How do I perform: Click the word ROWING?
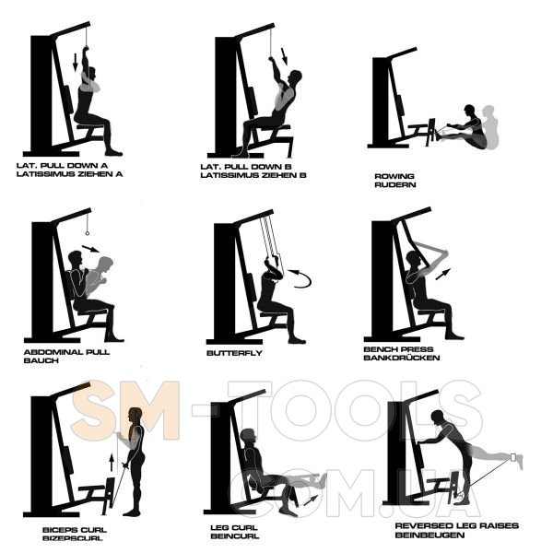394,176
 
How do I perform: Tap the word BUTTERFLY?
234,353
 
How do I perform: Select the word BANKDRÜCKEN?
402,358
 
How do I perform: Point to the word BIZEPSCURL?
73,538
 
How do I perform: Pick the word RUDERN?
395,184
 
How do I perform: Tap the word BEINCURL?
235,536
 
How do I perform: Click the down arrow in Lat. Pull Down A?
76,63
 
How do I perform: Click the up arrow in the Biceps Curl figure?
112,463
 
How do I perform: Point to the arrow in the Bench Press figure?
443,274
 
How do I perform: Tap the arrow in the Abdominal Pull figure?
90,249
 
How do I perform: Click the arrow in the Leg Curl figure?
311,500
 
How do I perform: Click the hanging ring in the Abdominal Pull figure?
88,233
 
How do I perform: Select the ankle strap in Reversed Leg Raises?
513,457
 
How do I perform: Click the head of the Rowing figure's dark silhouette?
469,110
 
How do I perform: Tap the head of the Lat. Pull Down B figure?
295,77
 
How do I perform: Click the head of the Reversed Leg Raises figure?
437,416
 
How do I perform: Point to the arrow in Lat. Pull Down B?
284,57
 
